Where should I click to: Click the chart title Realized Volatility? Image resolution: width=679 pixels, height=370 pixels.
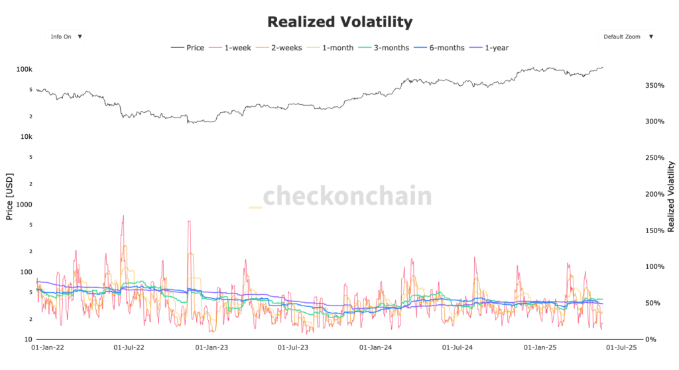pyautogui.click(x=339, y=22)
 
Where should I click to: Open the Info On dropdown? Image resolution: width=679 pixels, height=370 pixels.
pyautogui.click(x=65, y=37)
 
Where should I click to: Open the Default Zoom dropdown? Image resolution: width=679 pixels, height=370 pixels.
pyautogui.click(x=627, y=37)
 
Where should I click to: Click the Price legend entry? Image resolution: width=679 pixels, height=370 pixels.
pyautogui.click(x=188, y=48)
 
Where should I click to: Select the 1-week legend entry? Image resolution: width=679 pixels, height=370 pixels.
pyautogui.click(x=231, y=48)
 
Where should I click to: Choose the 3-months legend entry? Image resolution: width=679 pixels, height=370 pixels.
pyautogui.click(x=384, y=48)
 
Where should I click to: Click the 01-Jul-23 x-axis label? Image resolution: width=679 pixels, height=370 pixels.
pyautogui.click(x=295, y=347)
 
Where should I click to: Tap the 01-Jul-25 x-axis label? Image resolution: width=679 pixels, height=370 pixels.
pyautogui.click(x=621, y=347)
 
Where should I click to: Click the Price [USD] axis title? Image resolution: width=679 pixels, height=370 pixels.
pyautogui.click(x=10, y=198)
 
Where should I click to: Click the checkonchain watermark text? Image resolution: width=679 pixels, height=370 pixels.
pyautogui.click(x=340, y=197)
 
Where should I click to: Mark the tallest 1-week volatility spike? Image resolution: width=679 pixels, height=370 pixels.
pyautogui.click(x=123, y=216)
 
